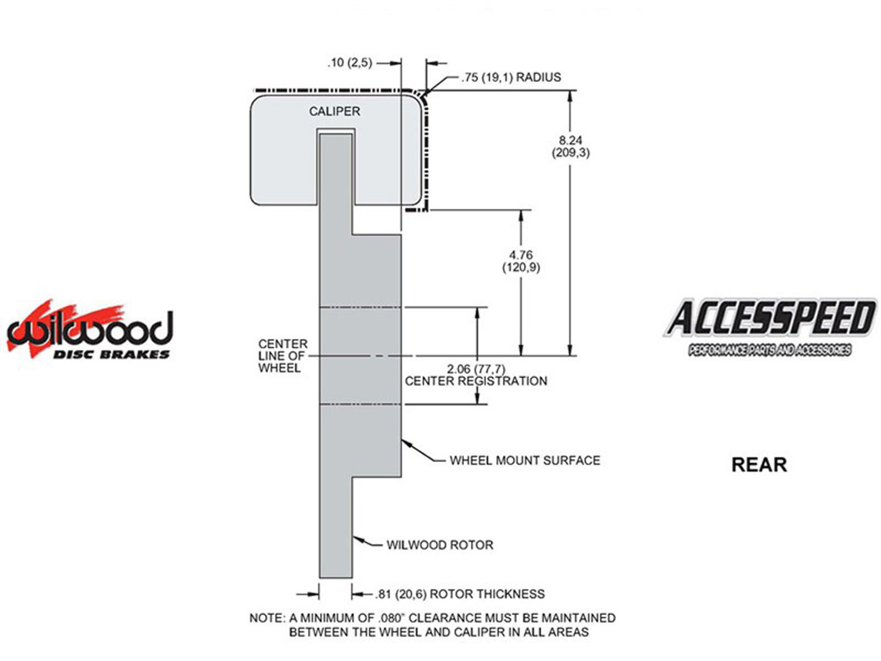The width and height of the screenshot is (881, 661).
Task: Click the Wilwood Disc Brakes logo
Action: (90, 329)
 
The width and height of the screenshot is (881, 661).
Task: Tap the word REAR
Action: (759, 465)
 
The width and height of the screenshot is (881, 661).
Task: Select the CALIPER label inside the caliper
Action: (334, 111)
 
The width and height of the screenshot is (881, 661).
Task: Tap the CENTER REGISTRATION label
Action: (476, 381)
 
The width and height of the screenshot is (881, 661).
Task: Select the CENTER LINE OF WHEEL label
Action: (282, 356)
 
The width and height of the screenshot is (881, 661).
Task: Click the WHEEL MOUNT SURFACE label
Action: (525, 460)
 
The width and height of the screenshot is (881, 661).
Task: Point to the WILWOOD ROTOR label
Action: (440, 545)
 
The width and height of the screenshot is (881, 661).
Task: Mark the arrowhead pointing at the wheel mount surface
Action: (406, 443)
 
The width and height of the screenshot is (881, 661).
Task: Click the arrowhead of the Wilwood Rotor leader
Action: (357, 539)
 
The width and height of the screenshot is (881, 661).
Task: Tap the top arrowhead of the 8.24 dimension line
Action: (570, 96)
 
